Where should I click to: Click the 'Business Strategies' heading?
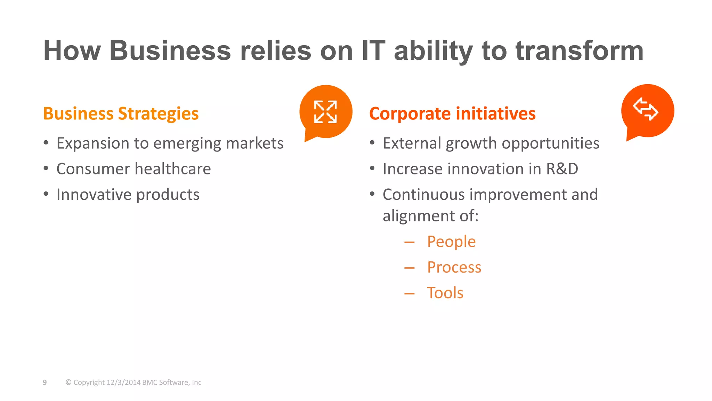point(121,114)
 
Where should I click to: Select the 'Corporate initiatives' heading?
point(452,114)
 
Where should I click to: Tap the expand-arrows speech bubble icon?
point(326,112)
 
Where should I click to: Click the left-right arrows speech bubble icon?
point(647,110)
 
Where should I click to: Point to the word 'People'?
point(451,242)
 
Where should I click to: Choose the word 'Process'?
point(454,267)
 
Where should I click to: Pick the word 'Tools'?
point(445,293)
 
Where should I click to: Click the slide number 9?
point(45,383)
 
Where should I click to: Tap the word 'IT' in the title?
point(373,51)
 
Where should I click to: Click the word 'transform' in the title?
point(579,51)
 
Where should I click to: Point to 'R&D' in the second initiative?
point(562,169)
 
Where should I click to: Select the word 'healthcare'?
point(172,169)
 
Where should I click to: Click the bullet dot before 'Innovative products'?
point(46,194)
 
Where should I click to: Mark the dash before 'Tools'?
point(410,294)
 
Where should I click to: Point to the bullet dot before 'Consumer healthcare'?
point(46,168)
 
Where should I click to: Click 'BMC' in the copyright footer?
point(149,383)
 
